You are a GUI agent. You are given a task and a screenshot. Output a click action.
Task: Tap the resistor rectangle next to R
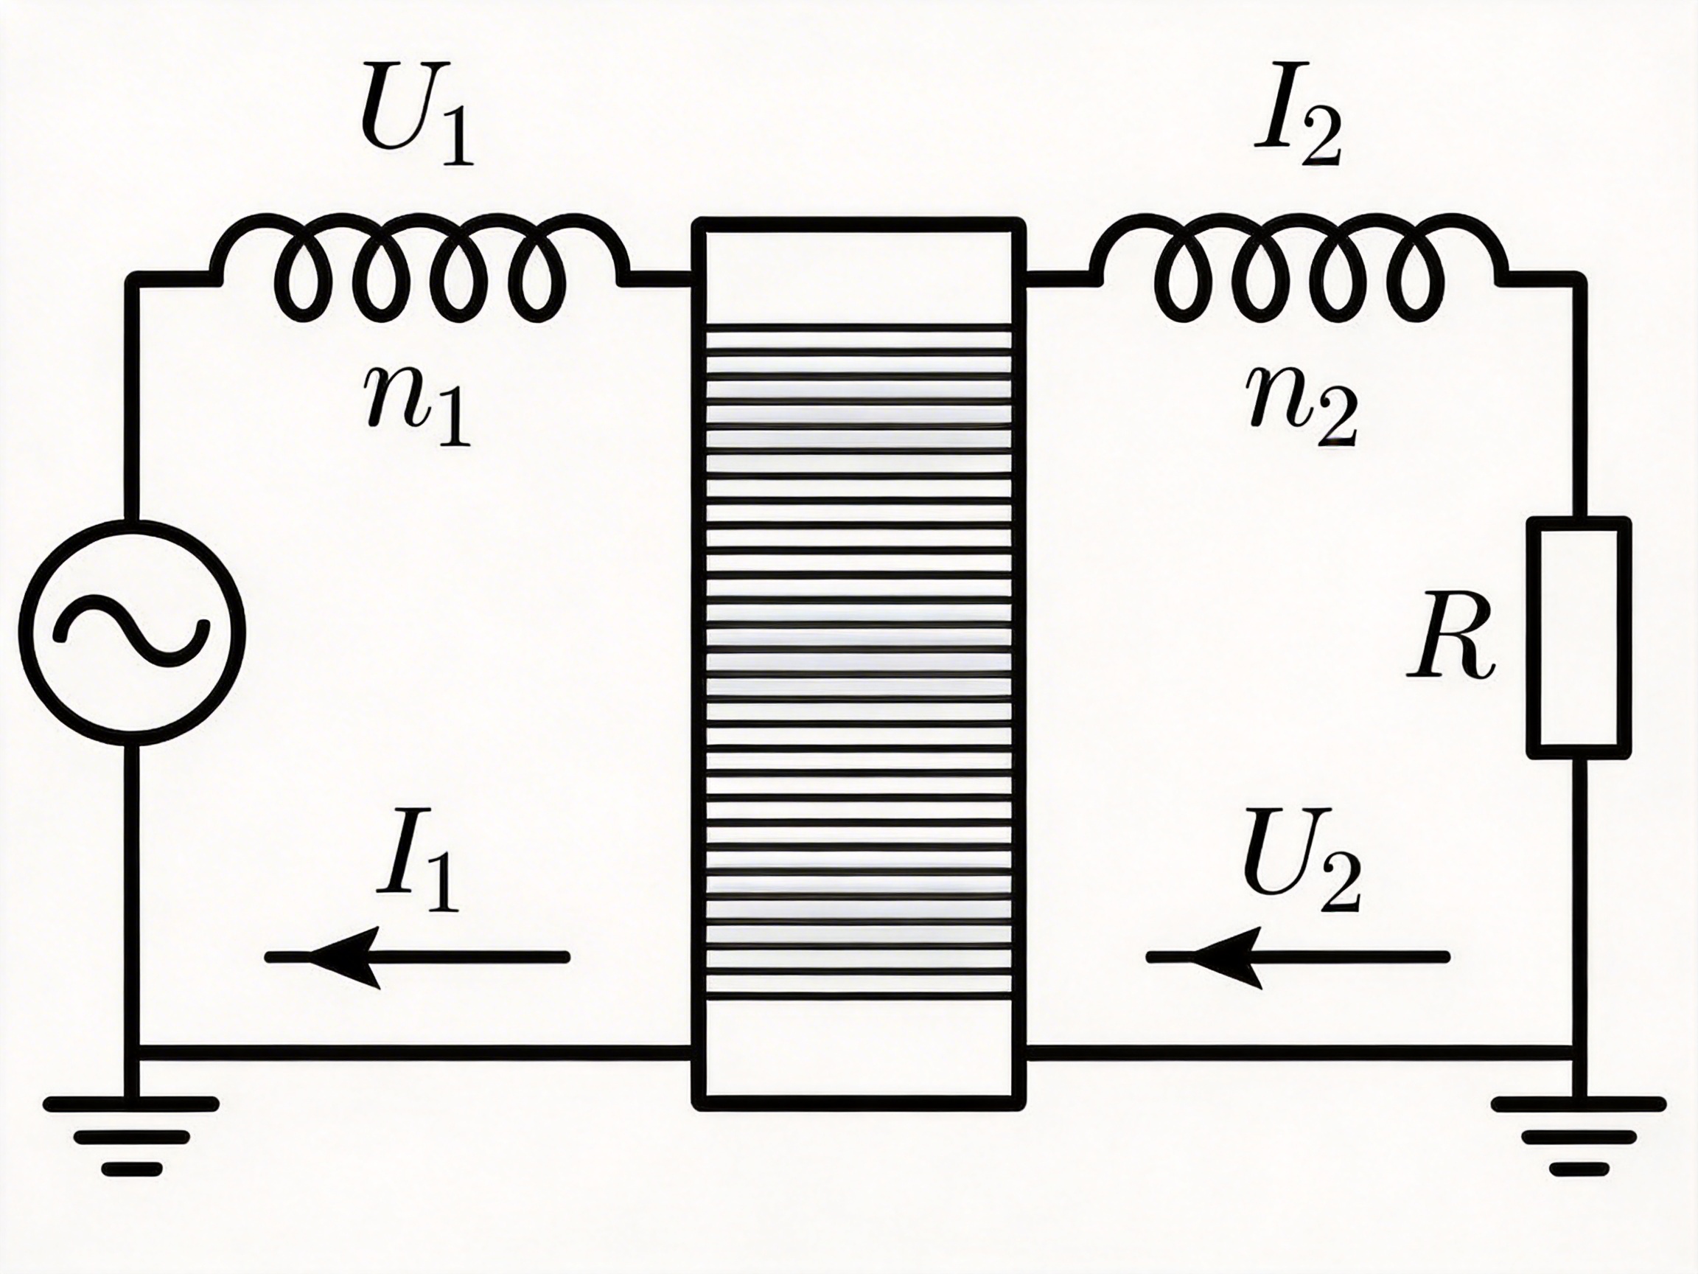click(x=1577, y=638)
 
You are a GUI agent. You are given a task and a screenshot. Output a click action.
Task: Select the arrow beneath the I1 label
click(x=417, y=956)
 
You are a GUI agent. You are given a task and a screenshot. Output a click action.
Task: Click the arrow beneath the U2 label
click(x=1297, y=956)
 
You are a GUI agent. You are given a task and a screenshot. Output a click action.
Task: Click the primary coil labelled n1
click(x=420, y=269)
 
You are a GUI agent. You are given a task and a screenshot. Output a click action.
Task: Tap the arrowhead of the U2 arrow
click(x=1226, y=956)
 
